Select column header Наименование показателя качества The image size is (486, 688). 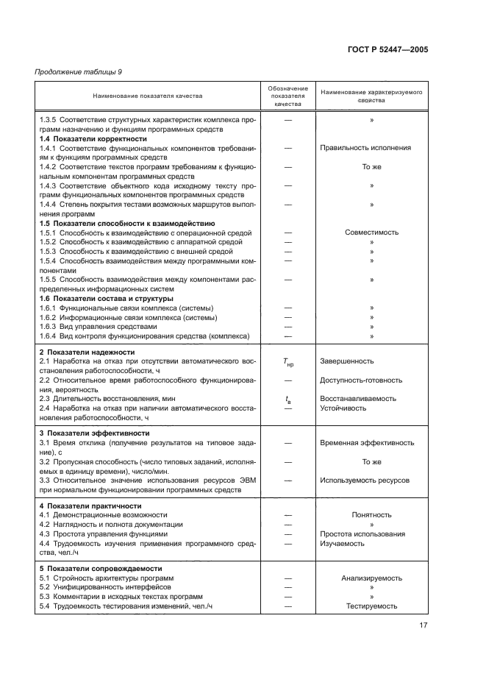click(148, 96)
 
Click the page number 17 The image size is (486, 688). click(424, 626)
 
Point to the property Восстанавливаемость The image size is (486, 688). click(358, 399)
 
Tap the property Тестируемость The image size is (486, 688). click(371, 606)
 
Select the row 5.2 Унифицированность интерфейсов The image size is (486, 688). click(112, 587)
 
